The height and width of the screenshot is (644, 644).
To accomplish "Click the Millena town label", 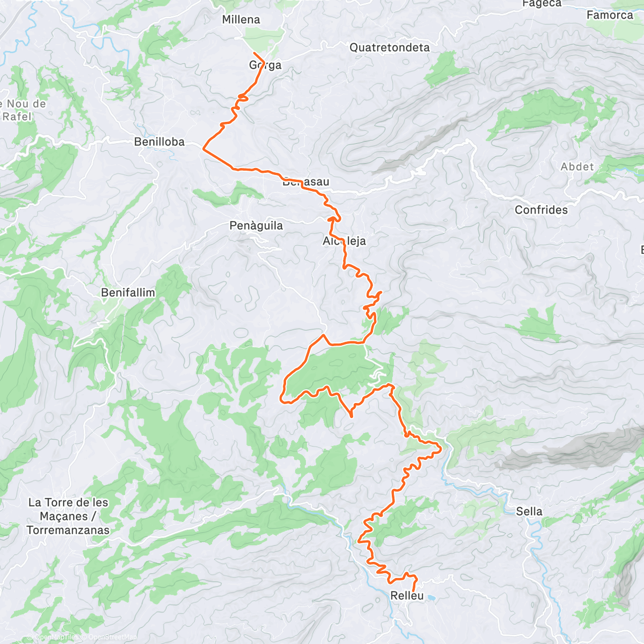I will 241,20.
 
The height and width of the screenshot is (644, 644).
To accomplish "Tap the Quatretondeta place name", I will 390,48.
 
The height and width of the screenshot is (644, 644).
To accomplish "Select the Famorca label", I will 610,15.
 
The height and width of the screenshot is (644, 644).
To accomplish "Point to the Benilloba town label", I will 159,142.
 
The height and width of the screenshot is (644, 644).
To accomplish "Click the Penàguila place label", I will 256,226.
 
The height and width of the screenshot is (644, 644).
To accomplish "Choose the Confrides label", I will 541,210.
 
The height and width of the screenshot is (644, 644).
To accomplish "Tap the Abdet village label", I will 577,167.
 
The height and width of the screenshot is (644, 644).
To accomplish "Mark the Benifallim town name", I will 128,292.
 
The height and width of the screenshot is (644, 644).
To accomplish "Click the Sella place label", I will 529,511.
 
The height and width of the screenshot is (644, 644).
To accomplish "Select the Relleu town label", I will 407,596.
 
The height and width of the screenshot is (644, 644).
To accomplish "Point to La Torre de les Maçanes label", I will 68,516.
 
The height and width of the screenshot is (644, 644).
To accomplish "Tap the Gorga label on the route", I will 265,65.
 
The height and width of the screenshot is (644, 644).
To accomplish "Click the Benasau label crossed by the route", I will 306,182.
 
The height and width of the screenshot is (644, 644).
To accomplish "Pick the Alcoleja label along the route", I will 344,241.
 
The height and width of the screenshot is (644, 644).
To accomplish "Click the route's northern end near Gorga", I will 254,53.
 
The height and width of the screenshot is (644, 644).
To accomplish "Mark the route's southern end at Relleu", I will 413,591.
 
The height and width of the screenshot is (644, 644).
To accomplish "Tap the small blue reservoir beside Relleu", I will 431,596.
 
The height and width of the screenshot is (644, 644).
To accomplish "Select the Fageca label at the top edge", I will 541,4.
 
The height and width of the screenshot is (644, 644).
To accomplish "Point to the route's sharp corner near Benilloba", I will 203,148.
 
